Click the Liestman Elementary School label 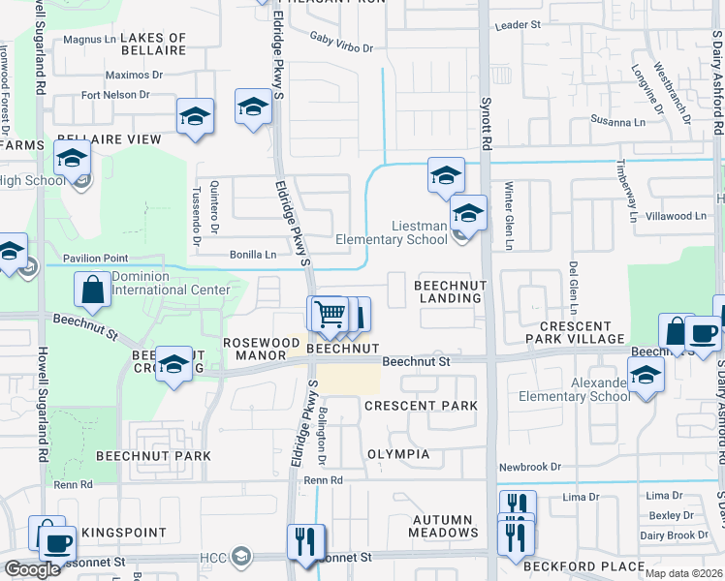pos(392,232)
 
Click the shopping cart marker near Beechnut pos(330,314)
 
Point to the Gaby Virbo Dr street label pos(341,41)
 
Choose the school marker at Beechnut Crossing pos(174,365)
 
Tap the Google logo pos(32,569)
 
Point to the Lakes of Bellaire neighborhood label pos(153,43)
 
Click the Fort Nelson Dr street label pos(115,95)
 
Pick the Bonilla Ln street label pos(252,255)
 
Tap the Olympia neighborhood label pos(397,454)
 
